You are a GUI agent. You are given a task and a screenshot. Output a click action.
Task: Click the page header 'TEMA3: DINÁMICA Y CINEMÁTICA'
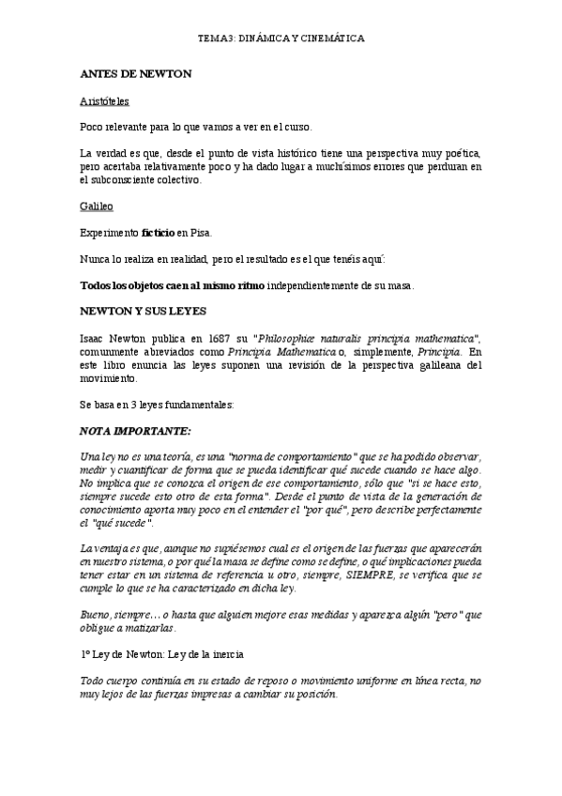[281, 38]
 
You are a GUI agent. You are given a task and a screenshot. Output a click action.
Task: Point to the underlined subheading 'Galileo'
[96, 203]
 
